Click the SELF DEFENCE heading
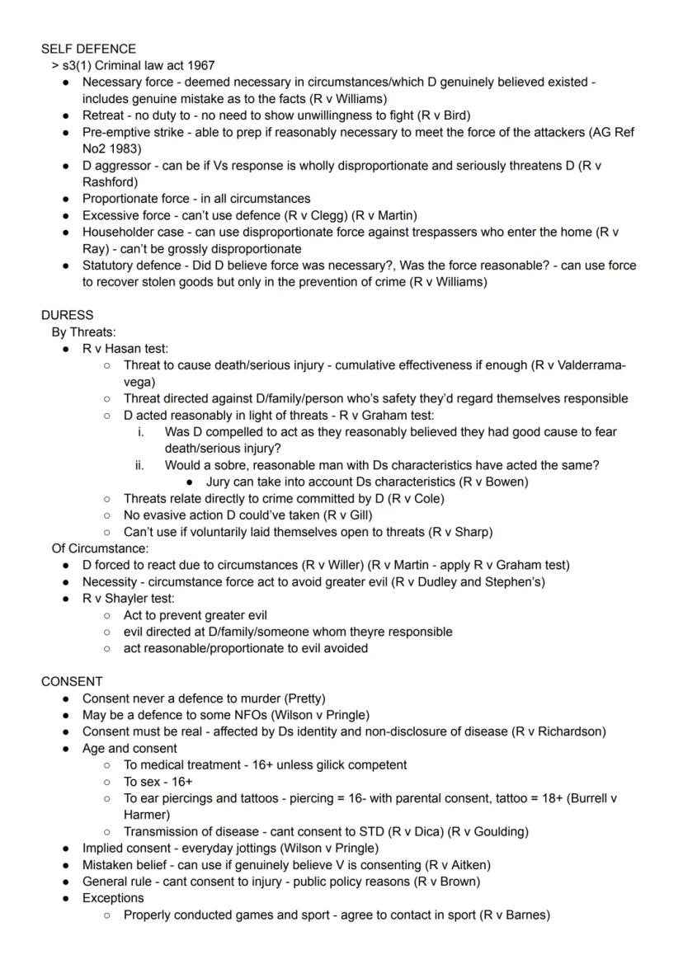pos(88,49)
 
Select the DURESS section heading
pos(67,315)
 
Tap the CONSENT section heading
pos(72,681)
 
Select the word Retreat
pos(104,115)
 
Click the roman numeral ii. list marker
pos(139,465)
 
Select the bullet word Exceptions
pos(112,898)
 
